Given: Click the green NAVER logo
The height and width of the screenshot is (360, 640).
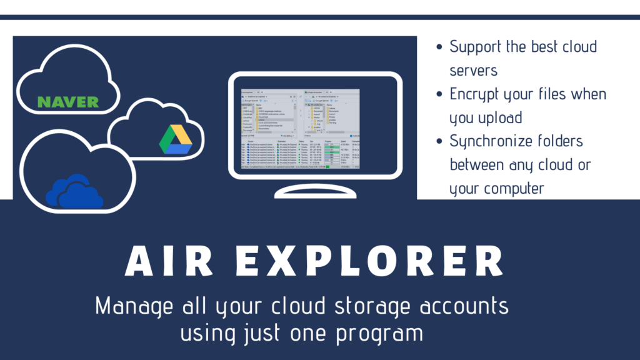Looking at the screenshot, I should tap(67, 101).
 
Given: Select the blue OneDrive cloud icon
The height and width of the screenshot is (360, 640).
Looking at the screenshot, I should tap(74, 191).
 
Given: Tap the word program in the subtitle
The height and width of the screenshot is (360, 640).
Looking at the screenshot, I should tap(380, 333).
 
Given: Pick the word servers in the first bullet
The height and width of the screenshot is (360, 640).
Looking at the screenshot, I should tap(474, 70).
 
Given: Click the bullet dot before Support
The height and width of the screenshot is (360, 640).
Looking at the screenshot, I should tap(439, 47).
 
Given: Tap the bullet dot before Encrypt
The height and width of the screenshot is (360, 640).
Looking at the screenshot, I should tap(439, 94).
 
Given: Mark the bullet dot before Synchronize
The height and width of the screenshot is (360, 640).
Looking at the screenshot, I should tap(439, 142).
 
